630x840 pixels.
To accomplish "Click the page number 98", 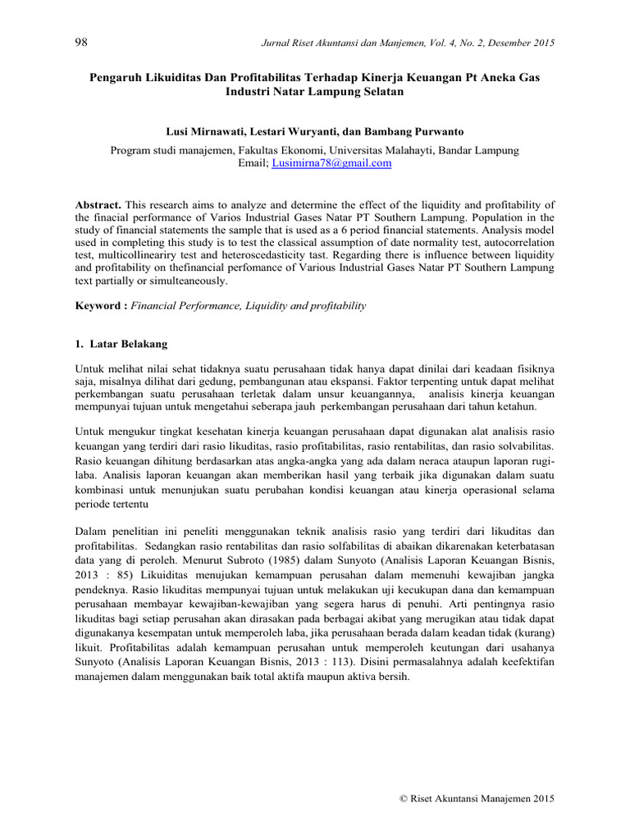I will pyautogui.click(x=80, y=43).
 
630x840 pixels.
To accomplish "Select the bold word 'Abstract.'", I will pyautogui.click(x=98, y=204).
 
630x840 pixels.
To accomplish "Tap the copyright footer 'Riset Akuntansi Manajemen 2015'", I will pyautogui.click(x=476, y=798).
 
